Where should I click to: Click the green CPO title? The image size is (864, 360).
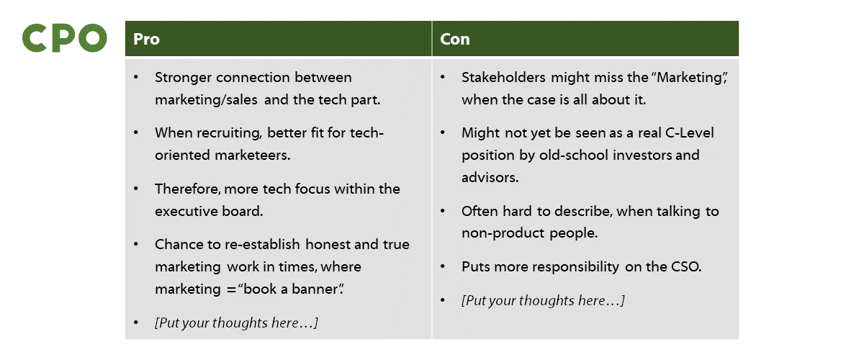coord(65,38)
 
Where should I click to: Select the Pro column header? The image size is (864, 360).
coord(146,39)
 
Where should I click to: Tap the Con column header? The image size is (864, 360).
coord(454,39)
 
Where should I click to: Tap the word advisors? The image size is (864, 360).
coord(490,177)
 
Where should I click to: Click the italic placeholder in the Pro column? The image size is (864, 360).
coord(236,323)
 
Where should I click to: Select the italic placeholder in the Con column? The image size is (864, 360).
coord(543,301)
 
